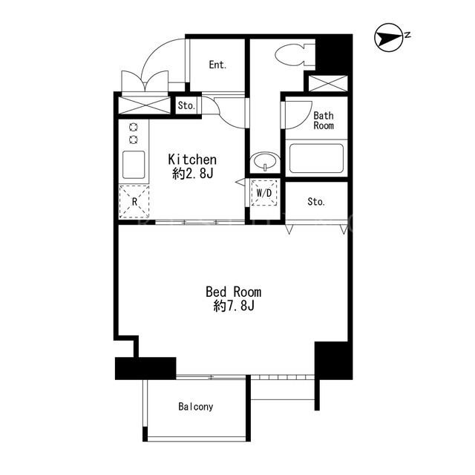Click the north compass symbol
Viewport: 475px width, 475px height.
coord(389,38)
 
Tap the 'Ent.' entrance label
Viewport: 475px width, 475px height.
coord(217,65)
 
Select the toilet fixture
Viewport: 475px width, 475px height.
coord(295,56)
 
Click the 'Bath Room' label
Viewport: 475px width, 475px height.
coord(324,120)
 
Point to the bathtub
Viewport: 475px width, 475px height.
coord(317,158)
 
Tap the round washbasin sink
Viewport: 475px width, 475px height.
coord(265,160)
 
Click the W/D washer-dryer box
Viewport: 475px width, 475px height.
coord(264,193)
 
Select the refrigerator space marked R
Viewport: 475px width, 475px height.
coord(134,201)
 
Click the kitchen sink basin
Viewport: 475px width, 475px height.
coord(134,165)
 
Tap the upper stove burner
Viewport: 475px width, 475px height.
coord(134,127)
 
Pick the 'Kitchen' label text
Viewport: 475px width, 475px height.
coord(192,160)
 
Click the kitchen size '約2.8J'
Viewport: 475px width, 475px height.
coord(193,174)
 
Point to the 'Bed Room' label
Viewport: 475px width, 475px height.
coord(233,292)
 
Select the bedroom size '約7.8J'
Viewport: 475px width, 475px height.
coord(234,306)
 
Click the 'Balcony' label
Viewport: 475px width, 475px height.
coord(196,407)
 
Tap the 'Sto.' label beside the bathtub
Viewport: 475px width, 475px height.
coord(316,202)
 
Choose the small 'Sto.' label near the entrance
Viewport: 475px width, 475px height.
coord(186,105)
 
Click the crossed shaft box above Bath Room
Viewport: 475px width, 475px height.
coord(328,84)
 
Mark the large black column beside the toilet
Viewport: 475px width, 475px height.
coord(334,53)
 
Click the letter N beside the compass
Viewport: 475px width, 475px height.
coord(407,35)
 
